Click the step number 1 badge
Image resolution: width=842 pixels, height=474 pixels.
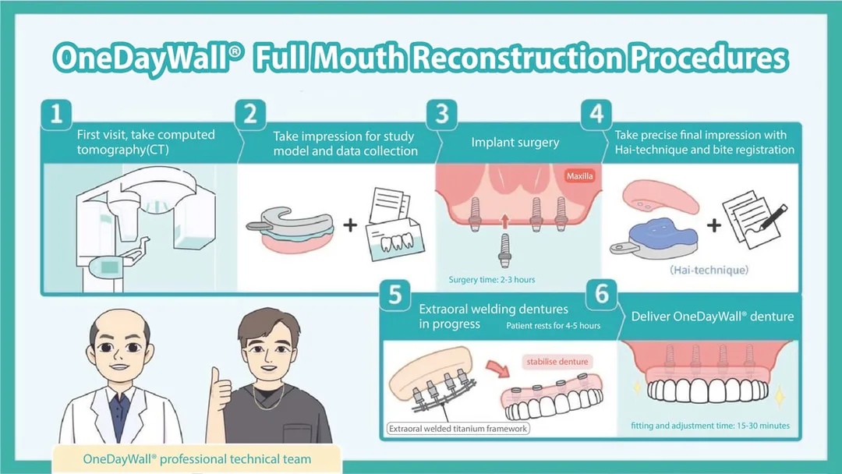56,115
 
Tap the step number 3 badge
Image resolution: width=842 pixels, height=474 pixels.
442,115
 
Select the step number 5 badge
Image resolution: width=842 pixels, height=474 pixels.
395,295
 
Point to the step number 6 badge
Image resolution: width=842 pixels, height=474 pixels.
601,294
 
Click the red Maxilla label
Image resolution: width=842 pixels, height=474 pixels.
579,175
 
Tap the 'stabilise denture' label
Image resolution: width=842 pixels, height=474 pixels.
557,362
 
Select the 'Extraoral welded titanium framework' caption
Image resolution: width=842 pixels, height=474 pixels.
458,428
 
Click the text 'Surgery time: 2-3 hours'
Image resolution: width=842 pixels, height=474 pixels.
492,280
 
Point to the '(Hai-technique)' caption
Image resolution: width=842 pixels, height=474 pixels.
709,270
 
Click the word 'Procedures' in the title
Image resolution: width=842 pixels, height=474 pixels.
708,58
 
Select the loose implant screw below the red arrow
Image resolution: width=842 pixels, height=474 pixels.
504,251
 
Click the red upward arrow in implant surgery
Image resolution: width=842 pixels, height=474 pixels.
504,222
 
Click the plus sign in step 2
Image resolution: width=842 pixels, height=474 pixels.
350,225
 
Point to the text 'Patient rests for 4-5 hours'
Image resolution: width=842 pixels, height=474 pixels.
553,325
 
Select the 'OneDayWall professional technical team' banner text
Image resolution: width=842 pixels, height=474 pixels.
197,459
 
